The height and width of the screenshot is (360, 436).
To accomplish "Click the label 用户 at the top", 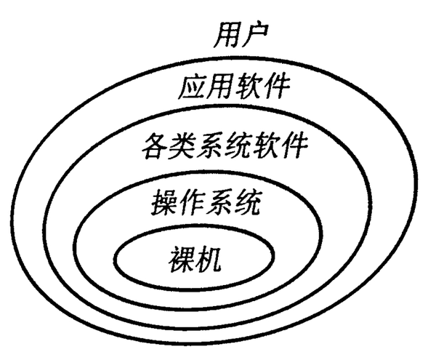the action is [242, 36].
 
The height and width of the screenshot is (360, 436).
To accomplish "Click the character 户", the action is [257, 36].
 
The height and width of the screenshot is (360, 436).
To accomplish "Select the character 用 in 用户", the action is [227, 36].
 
